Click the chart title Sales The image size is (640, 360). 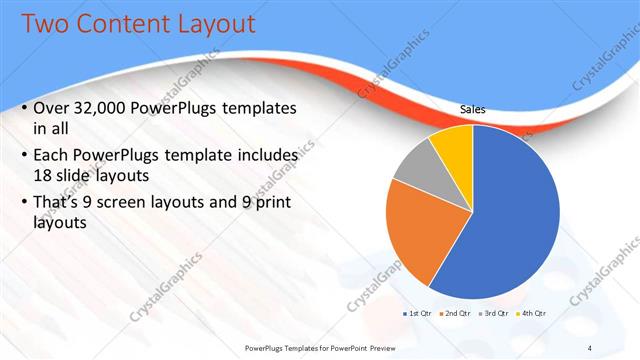tap(473, 110)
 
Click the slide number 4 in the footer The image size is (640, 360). tap(590, 347)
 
